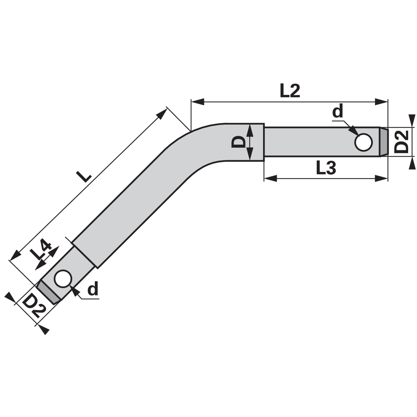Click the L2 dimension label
point(290,91)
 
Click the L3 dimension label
point(326,168)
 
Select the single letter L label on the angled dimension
point(83,176)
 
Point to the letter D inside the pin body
point(238,143)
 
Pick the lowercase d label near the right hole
point(338,111)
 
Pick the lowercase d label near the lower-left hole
point(93,289)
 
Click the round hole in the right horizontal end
point(364,142)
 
